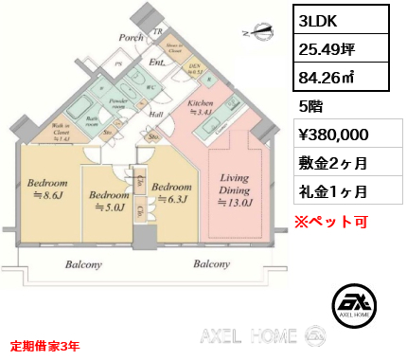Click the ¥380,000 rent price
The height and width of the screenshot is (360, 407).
tap(331, 135)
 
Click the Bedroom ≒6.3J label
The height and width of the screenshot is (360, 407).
tap(173, 192)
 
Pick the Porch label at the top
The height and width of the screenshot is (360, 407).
tap(130, 38)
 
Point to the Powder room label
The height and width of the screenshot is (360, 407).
tap(118, 102)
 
